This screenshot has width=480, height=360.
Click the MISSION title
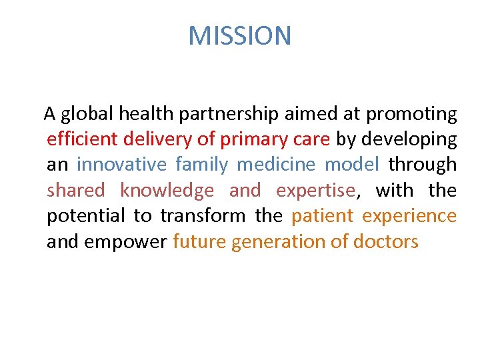(240, 35)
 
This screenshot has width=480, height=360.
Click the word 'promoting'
(412, 115)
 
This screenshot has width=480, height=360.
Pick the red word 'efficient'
(80, 139)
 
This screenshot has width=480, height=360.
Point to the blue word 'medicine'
(277, 165)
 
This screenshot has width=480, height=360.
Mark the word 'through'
(423, 165)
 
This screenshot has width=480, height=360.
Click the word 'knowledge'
(167, 191)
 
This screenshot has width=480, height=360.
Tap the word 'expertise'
(315, 191)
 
